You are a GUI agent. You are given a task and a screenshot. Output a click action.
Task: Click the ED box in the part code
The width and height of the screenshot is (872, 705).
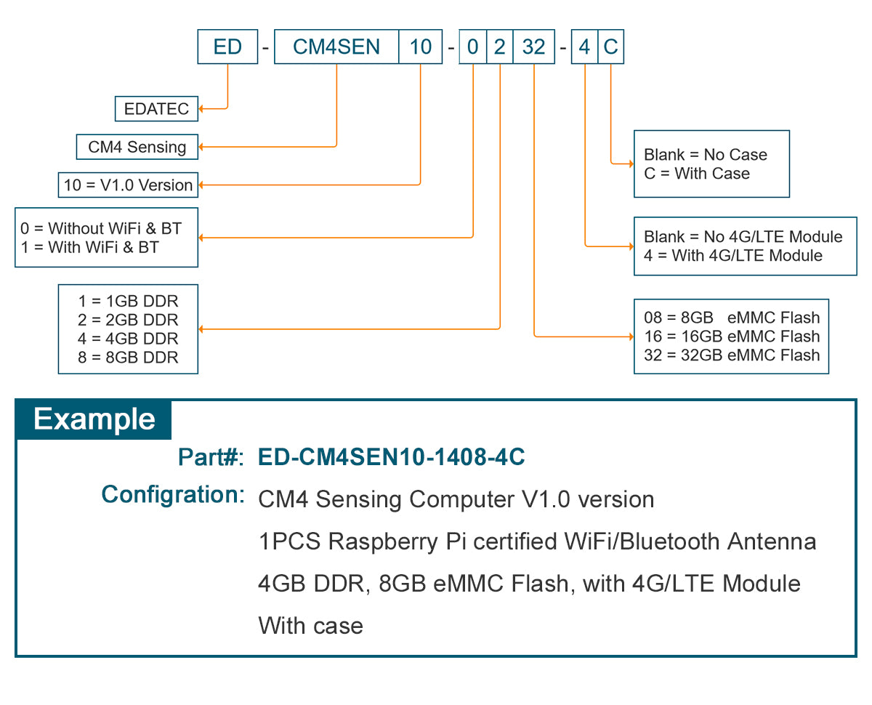227,47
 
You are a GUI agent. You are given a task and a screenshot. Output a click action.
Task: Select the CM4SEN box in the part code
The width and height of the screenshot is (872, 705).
336,47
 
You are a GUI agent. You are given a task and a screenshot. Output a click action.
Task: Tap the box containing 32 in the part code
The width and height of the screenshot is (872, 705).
533,47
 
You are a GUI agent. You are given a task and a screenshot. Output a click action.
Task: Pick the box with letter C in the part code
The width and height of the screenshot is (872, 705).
610,47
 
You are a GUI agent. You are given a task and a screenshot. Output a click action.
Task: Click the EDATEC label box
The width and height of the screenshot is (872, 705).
156,109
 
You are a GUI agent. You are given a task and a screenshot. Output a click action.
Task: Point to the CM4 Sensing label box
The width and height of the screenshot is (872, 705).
137,147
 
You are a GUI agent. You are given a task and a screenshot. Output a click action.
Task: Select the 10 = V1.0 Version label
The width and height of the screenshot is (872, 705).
128,185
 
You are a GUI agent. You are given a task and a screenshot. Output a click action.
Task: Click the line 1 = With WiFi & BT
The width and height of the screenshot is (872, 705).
90,247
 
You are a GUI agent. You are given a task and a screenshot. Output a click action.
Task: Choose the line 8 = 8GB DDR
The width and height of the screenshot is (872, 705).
128,357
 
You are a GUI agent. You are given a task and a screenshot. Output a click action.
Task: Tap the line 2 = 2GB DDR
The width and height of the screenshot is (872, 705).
128,320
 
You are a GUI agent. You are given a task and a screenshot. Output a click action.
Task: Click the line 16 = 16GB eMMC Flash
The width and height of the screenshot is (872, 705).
731,337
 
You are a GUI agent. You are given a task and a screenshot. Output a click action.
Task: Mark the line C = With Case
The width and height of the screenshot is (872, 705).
696,174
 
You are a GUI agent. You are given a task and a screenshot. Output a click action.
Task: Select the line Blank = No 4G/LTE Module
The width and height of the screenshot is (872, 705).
743,237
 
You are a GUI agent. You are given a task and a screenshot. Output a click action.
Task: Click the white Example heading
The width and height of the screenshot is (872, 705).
94,419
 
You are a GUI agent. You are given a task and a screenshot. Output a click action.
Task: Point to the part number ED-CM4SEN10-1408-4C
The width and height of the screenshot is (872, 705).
392,457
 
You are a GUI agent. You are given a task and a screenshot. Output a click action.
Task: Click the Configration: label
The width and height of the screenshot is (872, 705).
172,495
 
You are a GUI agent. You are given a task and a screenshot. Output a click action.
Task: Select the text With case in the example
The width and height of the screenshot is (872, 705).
310,626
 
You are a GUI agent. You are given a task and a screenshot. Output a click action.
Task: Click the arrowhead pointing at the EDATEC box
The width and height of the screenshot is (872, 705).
202,109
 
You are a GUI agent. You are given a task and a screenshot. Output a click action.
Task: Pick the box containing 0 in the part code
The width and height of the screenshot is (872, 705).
472,47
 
